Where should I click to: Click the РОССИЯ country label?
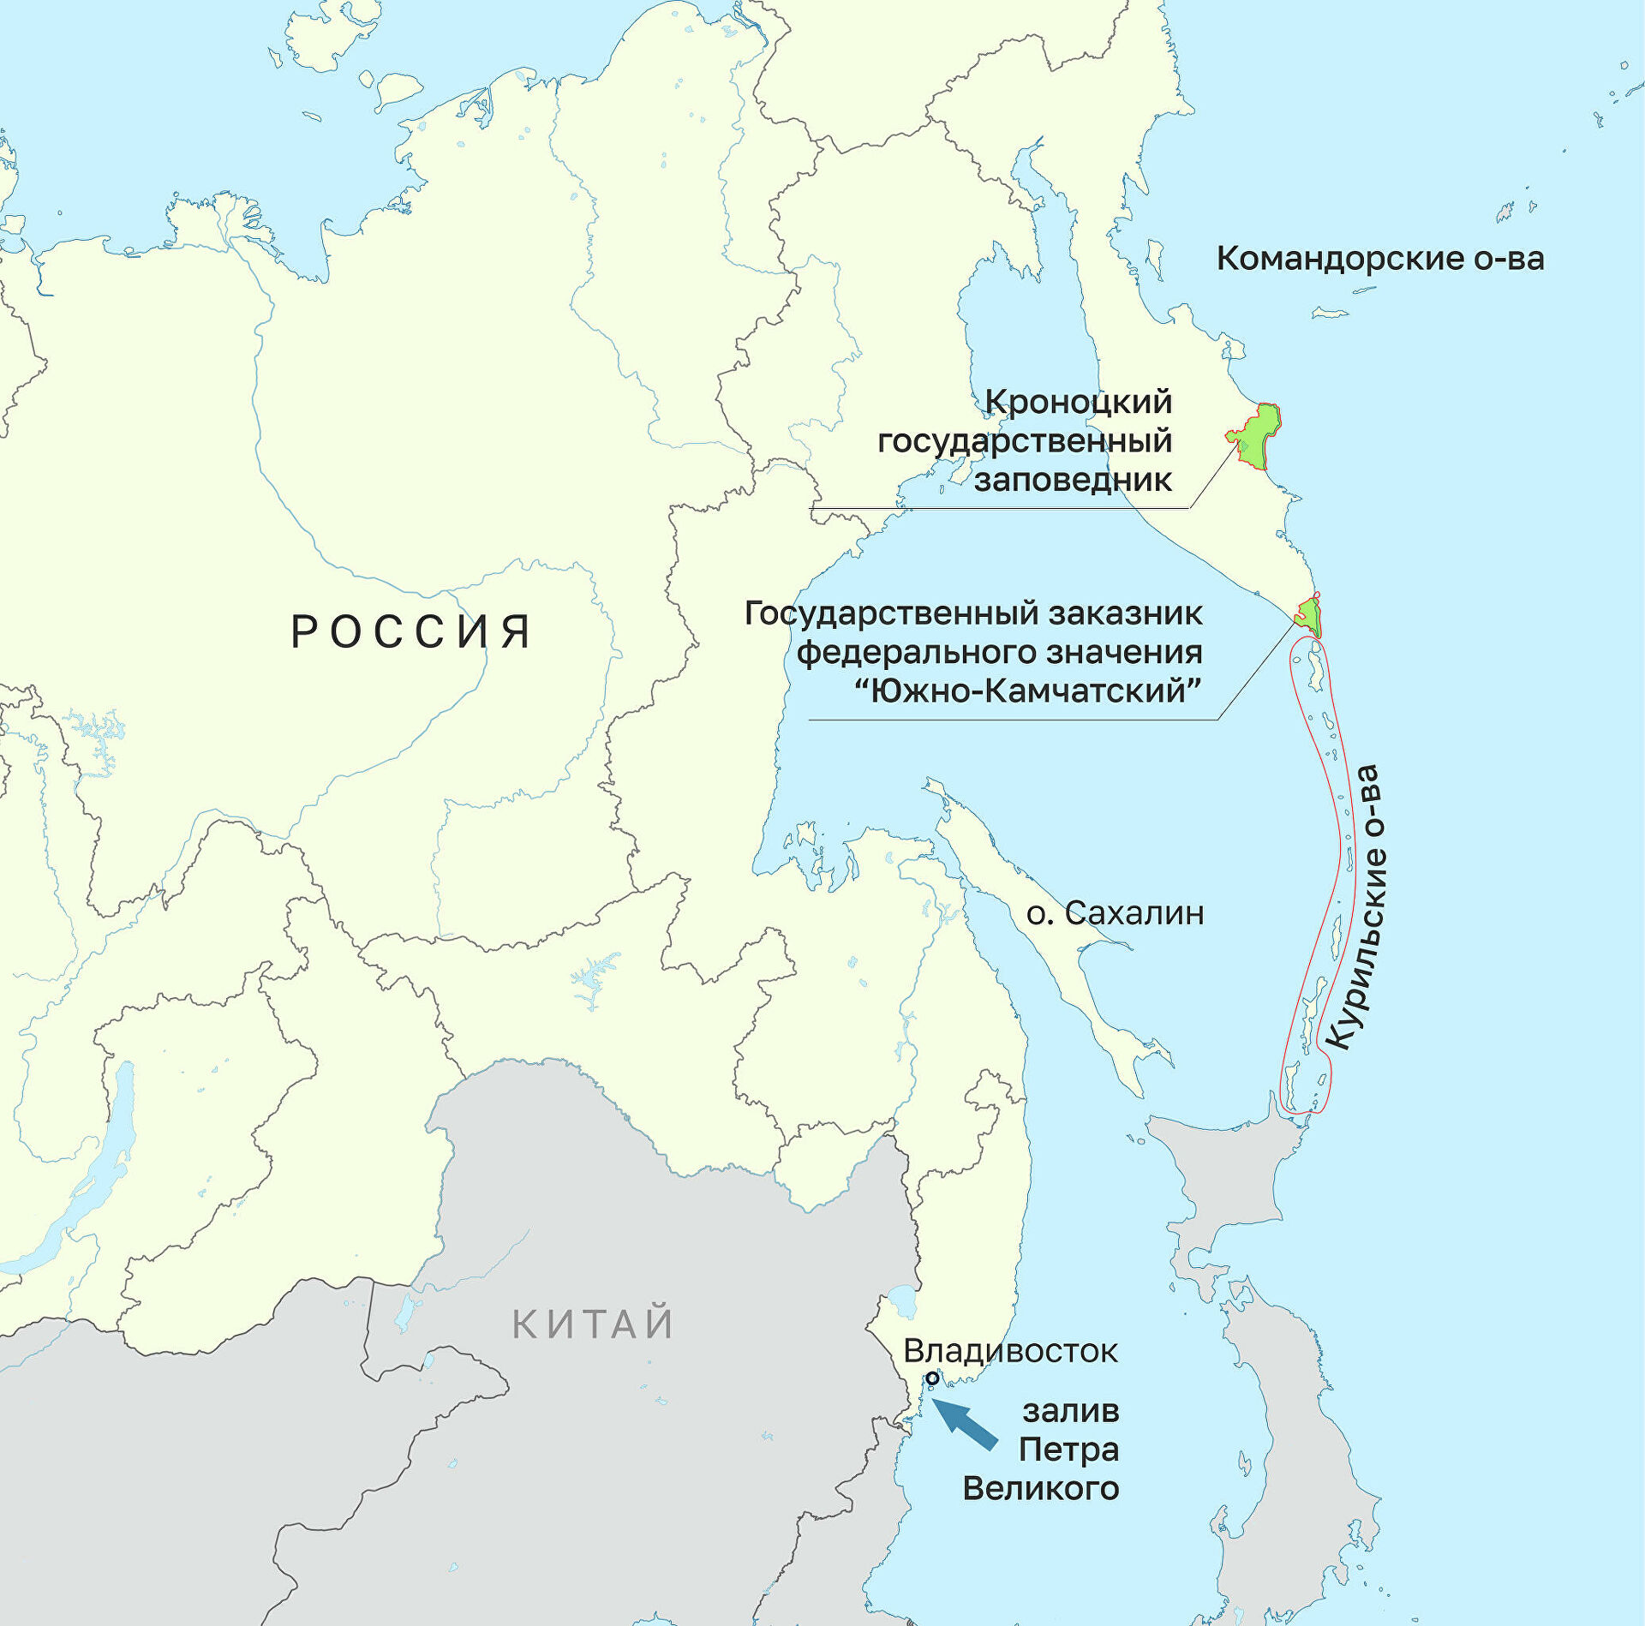pos(411,631)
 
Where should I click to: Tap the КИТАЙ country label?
pos(593,1324)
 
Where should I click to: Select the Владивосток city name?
pos(1010,1351)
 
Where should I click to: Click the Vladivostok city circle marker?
pos(932,1378)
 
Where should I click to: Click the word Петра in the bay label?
pos(1068,1450)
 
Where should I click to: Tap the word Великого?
pos(1041,1488)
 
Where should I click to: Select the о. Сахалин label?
pos(1115,913)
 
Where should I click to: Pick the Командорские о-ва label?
pos(1380,258)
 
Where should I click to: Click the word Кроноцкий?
pos(1079,401)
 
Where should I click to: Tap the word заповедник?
pos(1073,479)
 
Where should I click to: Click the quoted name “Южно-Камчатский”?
pos(1029,690)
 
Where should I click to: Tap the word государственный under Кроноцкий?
pos(1025,440)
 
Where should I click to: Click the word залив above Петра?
pos(1071,1410)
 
